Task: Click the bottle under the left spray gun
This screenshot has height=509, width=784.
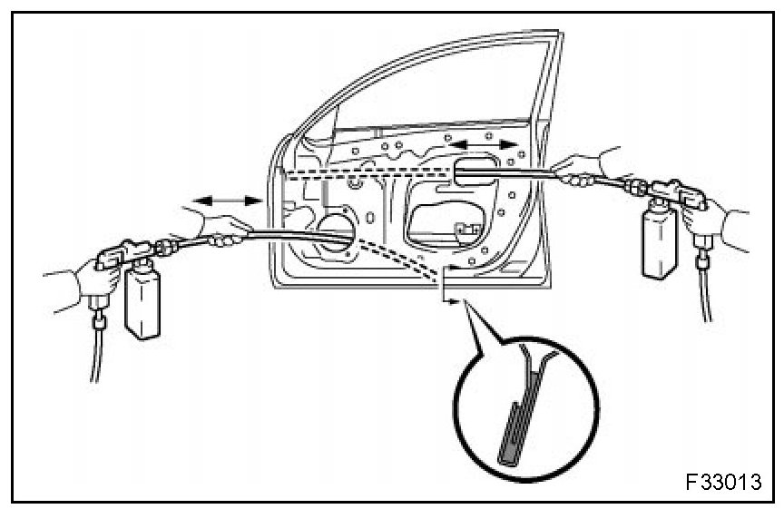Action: pyautogui.click(x=142, y=302)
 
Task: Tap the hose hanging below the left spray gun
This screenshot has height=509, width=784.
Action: pyautogui.click(x=93, y=354)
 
